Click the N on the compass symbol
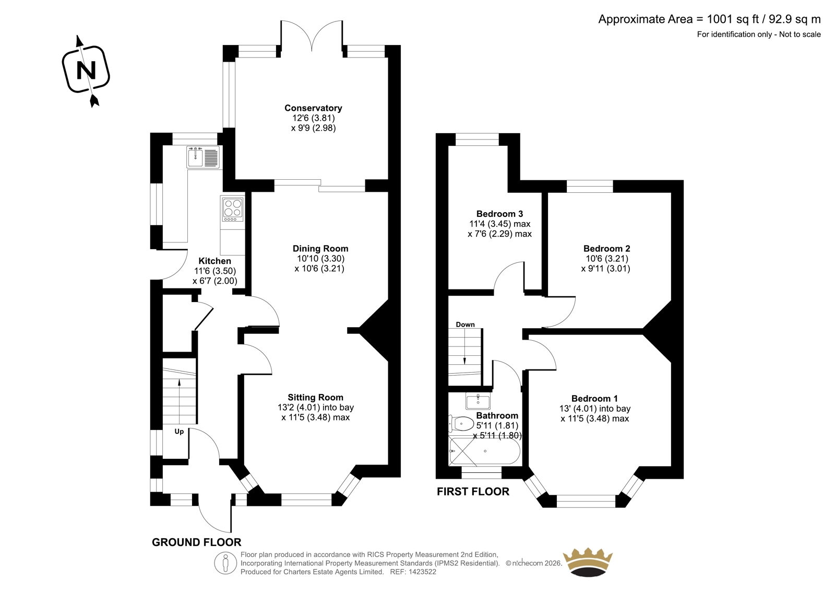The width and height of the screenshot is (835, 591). (x=86, y=70)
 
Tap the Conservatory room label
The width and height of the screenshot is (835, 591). (x=313, y=108)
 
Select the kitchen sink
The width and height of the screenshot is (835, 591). (x=203, y=157)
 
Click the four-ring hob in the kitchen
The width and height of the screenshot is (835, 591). (x=233, y=208)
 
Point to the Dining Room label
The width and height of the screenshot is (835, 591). (x=320, y=249)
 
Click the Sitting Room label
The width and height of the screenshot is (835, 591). (x=315, y=397)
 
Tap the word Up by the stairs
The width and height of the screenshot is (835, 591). (x=180, y=432)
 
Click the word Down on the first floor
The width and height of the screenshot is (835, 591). (x=465, y=325)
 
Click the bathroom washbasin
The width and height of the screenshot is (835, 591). (x=478, y=401)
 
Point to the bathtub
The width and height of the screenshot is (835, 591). (x=485, y=451)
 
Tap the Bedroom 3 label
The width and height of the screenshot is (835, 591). (x=499, y=214)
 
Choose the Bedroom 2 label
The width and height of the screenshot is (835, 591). (x=607, y=249)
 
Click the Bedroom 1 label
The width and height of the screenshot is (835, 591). (x=594, y=398)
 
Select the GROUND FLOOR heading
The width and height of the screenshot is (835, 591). (x=196, y=542)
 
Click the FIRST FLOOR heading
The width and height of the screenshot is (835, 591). (x=473, y=491)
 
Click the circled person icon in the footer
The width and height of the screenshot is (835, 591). (x=225, y=563)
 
